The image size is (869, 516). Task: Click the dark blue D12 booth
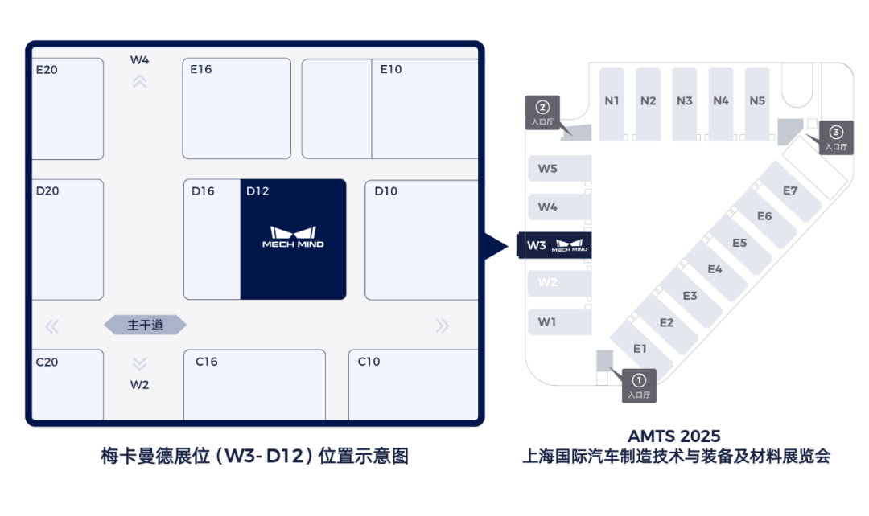point(293,240)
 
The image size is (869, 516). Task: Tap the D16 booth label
point(203,191)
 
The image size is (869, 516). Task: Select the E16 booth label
point(201,69)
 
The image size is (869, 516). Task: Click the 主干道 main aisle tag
point(146,325)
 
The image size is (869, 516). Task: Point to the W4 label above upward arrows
point(140,59)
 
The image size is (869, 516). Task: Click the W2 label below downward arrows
point(140,385)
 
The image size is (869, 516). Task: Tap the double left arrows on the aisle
point(52,326)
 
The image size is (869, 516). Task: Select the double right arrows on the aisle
point(442,326)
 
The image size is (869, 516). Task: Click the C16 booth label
point(207,362)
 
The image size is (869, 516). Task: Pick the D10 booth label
point(386,191)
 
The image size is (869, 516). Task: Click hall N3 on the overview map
point(685,101)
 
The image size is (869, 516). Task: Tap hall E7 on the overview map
point(790,190)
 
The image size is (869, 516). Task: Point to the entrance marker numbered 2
point(542,113)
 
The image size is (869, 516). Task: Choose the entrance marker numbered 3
point(836,137)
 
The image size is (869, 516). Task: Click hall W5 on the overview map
point(548,169)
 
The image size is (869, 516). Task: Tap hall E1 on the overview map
point(640,348)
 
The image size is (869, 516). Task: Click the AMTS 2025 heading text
point(675,436)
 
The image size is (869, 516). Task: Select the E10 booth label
point(391,69)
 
